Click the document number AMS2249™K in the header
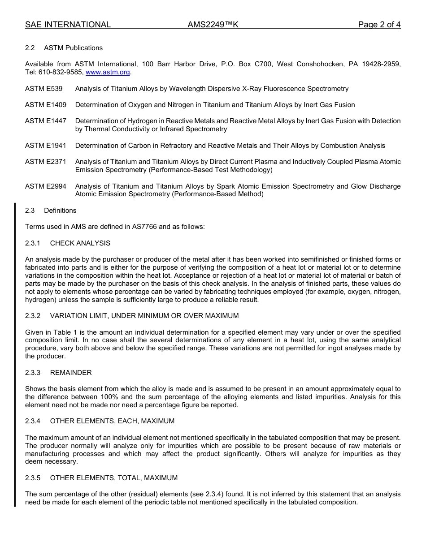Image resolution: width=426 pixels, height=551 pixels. pyautogui.click(x=213, y=25)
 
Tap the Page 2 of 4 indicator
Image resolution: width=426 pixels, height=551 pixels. pyautogui.click(x=379, y=25)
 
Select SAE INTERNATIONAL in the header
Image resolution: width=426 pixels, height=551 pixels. pyautogui.click(x=68, y=25)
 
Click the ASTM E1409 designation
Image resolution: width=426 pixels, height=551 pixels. pyautogui.click(x=46, y=105)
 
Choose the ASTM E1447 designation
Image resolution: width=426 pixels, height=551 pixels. pyautogui.click(x=46, y=121)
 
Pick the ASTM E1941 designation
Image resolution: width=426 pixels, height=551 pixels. pyautogui.click(x=46, y=146)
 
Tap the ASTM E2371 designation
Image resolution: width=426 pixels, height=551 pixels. pyautogui.click(x=46, y=162)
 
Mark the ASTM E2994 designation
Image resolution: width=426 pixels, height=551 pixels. pyautogui.click(x=46, y=186)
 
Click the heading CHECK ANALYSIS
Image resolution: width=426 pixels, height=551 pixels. pyautogui.click(x=80, y=243)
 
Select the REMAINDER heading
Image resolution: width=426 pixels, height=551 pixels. pyautogui.click(x=71, y=373)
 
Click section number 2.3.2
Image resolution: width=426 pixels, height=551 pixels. pyautogui.click(x=33, y=316)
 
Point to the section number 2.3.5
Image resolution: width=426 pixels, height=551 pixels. pyautogui.click(x=33, y=478)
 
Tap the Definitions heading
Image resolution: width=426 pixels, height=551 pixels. pyautogui.click(x=60, y=211)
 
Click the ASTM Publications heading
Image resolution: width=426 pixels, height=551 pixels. pyautogui.click(x=73, y=48)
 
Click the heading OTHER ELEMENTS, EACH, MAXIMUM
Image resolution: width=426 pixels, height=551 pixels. pyautogui.click(x=112, y=421)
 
